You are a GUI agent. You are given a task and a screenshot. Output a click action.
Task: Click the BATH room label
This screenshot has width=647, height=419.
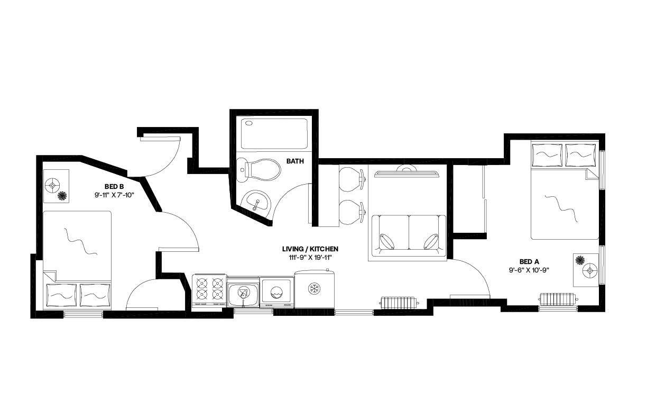coord(295,161)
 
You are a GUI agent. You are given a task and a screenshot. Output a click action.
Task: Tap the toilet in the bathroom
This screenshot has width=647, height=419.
coord(260,169)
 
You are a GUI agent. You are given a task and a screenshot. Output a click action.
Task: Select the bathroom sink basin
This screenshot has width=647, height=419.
coord(258,201)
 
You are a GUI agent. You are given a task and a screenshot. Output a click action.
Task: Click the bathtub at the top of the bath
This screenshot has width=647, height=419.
coord(274,133)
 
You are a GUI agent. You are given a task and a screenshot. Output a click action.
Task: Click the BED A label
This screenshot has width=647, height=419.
coord(529,261)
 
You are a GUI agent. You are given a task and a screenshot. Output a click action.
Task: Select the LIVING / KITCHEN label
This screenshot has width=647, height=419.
coord(310,249)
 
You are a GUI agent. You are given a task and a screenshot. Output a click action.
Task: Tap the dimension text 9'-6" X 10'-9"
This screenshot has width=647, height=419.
coord(529,270)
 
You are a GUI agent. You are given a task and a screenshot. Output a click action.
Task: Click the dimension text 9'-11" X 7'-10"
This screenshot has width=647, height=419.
coord(114,195)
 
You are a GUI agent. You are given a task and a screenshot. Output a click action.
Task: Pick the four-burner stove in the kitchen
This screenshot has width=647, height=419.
coord(209,290)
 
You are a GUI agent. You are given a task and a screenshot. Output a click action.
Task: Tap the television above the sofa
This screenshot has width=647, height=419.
coord(408,171)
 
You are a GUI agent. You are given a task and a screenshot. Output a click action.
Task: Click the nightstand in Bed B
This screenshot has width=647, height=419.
coord(56,186)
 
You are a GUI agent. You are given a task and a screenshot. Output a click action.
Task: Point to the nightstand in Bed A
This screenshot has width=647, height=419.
coord(586,270)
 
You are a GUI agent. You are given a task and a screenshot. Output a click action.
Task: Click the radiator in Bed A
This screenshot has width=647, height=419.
coord(558,299)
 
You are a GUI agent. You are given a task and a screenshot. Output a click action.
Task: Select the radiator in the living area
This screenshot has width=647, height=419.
coord(399,303)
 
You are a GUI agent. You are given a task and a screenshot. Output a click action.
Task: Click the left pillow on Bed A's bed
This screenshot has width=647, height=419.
coord(547,155)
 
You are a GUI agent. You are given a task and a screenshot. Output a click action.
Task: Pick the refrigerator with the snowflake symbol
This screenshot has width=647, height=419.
coord(315,289)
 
